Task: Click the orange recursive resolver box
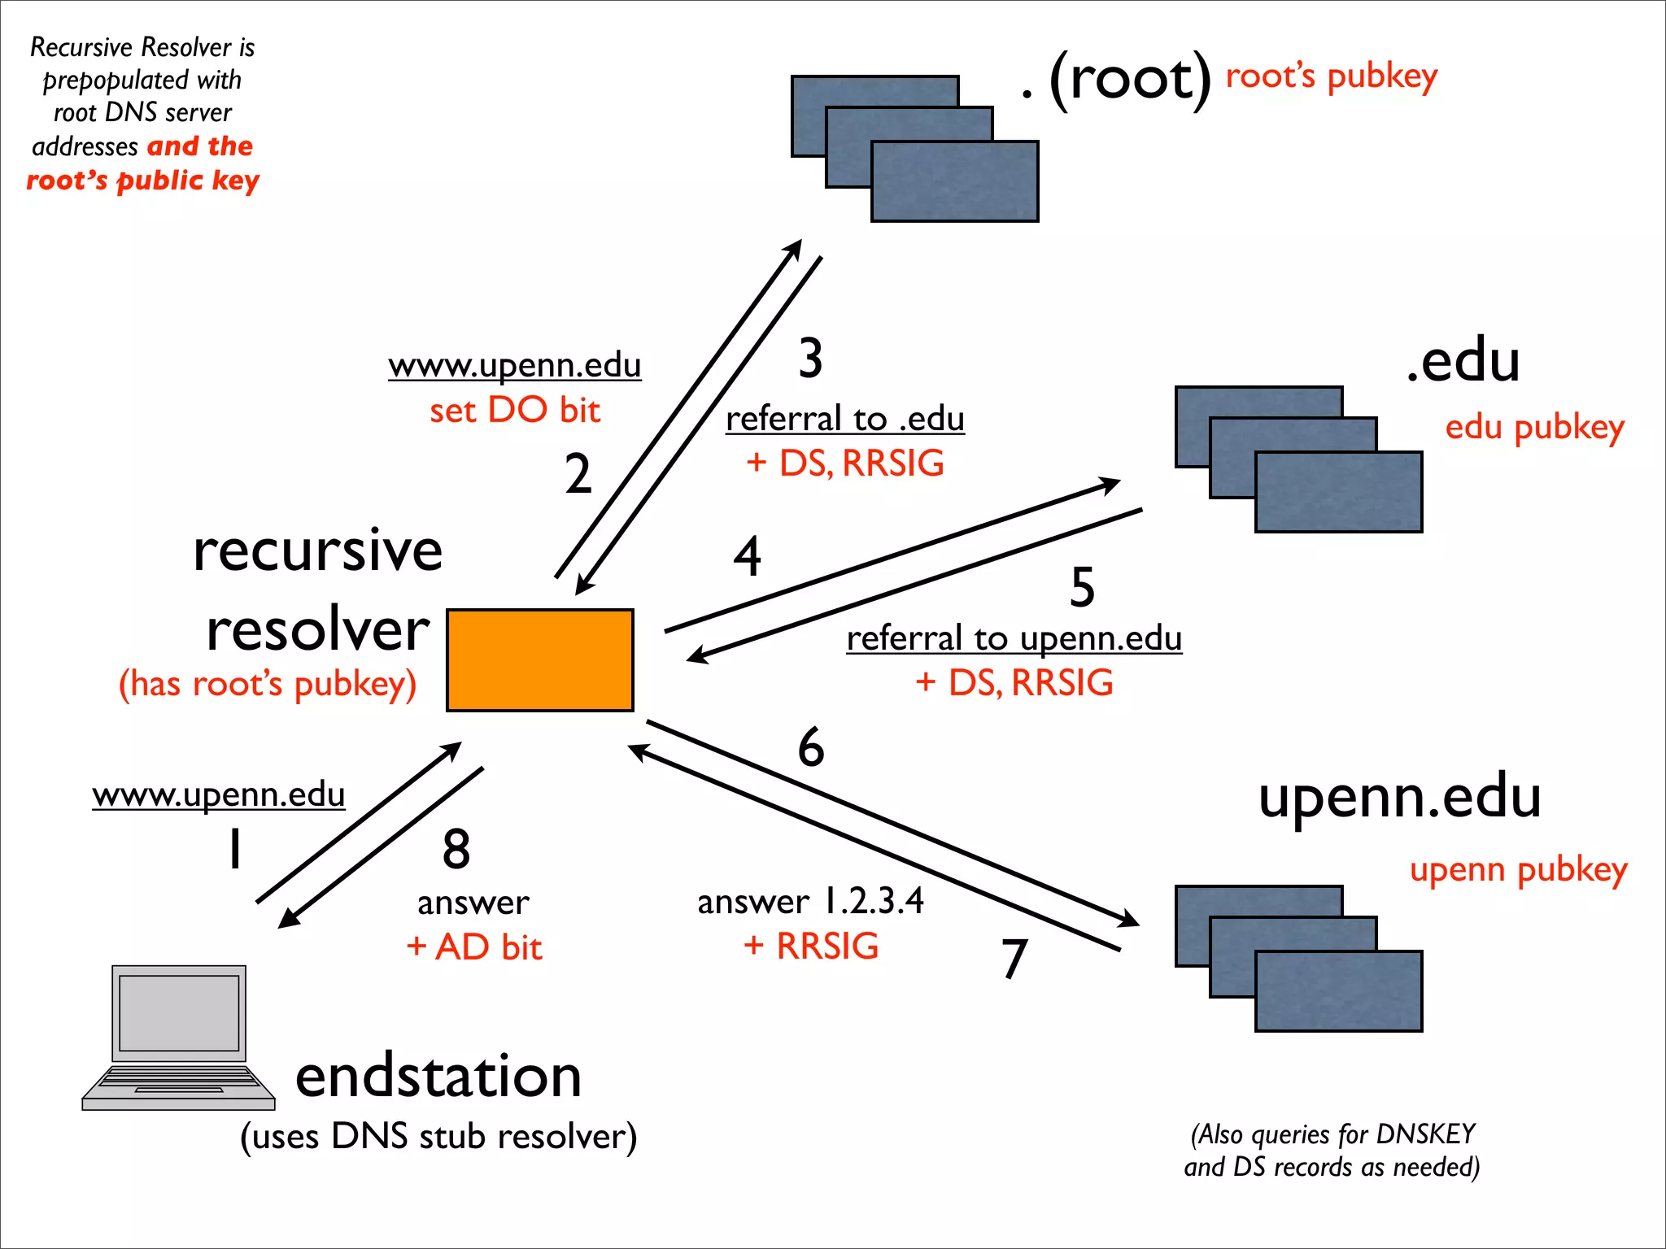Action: coord(539,659)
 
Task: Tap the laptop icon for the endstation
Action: coord(179,1037)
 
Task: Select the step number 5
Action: coord(1082,586)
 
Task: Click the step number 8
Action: coord(456,849)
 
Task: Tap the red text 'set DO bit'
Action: coord(514,410)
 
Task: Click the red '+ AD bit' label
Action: coord(474,947)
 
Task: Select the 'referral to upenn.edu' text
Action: coord(1014,638)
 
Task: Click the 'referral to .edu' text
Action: coord(844,419)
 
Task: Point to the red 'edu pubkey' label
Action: coord(1534,427)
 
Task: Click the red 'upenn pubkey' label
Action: coord(1518,869)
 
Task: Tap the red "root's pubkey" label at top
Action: coord(1331,76)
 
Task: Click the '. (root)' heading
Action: coord(1116,80)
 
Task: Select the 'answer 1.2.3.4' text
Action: coord(810,901)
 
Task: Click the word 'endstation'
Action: coord(438,1076)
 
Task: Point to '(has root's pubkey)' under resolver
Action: coord(268,684)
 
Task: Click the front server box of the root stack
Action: coord(954,181)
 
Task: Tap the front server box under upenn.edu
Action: coord(1338,991)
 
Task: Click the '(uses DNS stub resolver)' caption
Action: coord(438,1136)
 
